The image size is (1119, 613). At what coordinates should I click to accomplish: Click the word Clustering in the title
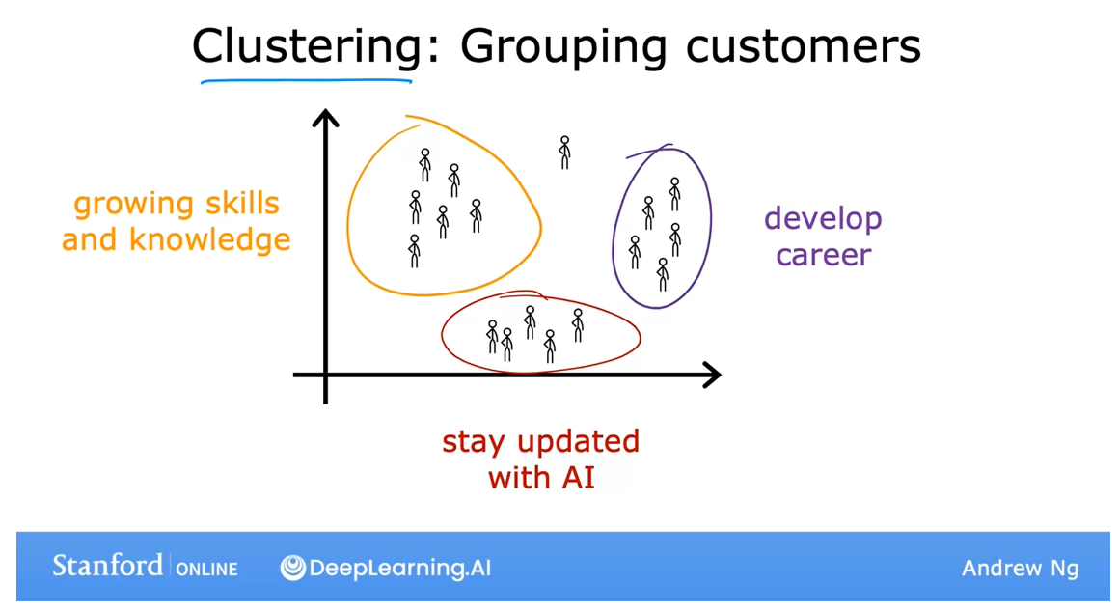click(x=307, y=46)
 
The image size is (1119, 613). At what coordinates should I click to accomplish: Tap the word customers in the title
click(x=804, y=46)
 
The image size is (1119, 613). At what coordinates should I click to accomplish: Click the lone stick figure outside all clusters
click(x=564, y=153)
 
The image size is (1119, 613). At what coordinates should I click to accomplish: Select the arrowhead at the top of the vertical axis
click(x=326, y=120)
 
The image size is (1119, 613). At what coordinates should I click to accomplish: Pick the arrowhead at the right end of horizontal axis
click(x=712, y=375)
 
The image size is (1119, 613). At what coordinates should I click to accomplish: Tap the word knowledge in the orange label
click(x=210, y=239)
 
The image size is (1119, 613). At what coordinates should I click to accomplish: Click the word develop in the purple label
click(x=823, y=220)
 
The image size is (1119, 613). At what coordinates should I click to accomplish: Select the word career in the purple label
click(x=823, y=256)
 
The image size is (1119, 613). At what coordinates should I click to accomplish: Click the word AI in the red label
click(x=580, y=477)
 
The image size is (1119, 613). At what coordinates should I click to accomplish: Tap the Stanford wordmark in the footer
click(x=107, y=566)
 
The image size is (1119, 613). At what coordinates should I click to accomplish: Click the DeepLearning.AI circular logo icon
click(x=293, y=568)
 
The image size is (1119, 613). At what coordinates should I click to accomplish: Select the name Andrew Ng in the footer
click(x=1019, y=569)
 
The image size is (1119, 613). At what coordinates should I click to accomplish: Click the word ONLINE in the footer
click(x=206, y=569)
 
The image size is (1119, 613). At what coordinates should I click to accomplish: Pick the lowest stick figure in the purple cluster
click(x=663, y=274)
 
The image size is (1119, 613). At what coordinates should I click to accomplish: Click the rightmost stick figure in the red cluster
click(x=578, y=325)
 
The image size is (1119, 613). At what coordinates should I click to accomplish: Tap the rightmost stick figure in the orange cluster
click(x=476, y=216)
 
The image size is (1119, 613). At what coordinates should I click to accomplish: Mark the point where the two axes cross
click(x=326, y=375)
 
